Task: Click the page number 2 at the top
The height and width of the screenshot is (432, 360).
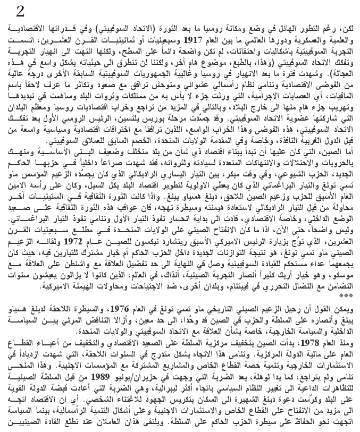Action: click(x=20, y=11)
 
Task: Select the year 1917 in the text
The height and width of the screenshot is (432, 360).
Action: click(x=193, y=39)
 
